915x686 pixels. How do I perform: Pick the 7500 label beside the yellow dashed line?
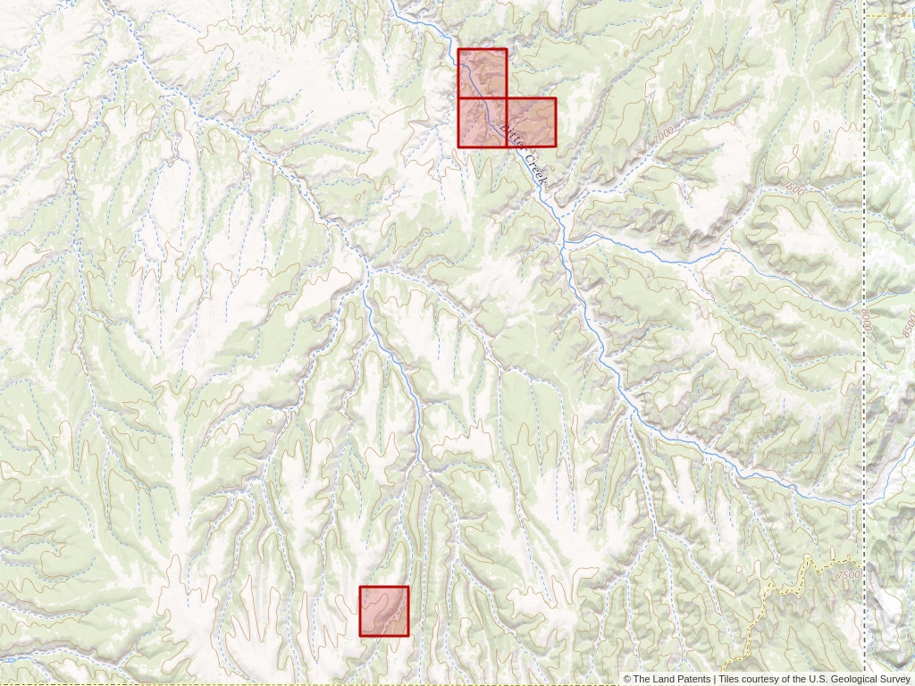850,575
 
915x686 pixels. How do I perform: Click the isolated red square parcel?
384,611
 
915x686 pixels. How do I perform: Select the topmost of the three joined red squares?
483,73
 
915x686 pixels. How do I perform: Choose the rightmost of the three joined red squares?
532,122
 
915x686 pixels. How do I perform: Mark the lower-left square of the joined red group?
483,122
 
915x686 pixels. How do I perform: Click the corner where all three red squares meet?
507,98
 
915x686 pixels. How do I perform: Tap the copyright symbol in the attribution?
627,680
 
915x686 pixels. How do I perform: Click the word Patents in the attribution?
693,680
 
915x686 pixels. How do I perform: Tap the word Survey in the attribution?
894,680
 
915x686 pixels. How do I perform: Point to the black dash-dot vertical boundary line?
864,402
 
